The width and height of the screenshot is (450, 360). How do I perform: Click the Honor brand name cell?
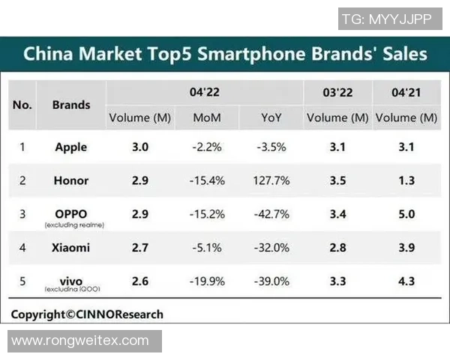pyautogui.click(x=71, y=181)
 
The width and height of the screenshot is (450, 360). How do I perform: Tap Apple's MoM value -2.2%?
pyautogui.click(x=206, y=147)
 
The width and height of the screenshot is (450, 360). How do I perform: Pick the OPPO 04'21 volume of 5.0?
pyautogui.click(x=406, y=214)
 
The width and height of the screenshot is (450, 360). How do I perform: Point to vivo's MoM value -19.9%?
pyautogui.click(x=206, y=282)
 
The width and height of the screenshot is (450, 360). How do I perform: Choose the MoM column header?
pyautogui.click(x=206, y=118)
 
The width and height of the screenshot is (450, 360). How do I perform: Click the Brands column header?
pyautogui.click(x=71, y=104)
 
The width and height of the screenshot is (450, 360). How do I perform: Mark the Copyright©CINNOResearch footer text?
pyautogui.click(x=87, y=314)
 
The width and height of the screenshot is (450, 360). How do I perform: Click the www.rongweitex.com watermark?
pyautogui.click(x=80, y=340)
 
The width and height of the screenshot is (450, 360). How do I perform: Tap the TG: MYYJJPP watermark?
pyautogui.click(x=386, y=19)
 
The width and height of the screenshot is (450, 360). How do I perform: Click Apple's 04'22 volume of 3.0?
pyautogui.click(x=139, y=147)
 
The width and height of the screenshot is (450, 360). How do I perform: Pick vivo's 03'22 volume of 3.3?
pyautogui.click(x=337, y=282)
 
